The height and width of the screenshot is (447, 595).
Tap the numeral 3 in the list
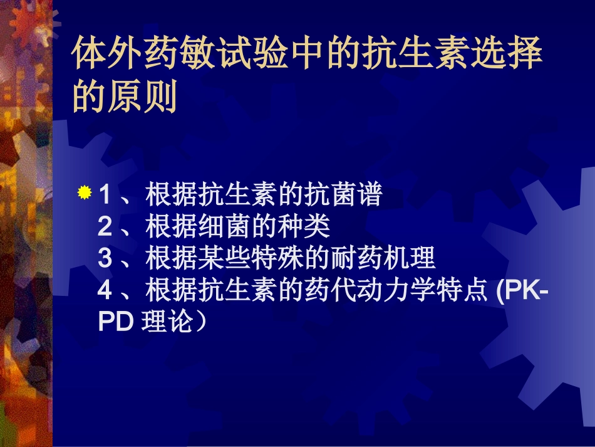(x=105, y=259)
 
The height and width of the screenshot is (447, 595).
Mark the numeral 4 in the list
(x=105, y=291)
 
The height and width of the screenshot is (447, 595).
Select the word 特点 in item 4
(x=464, y=291)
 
